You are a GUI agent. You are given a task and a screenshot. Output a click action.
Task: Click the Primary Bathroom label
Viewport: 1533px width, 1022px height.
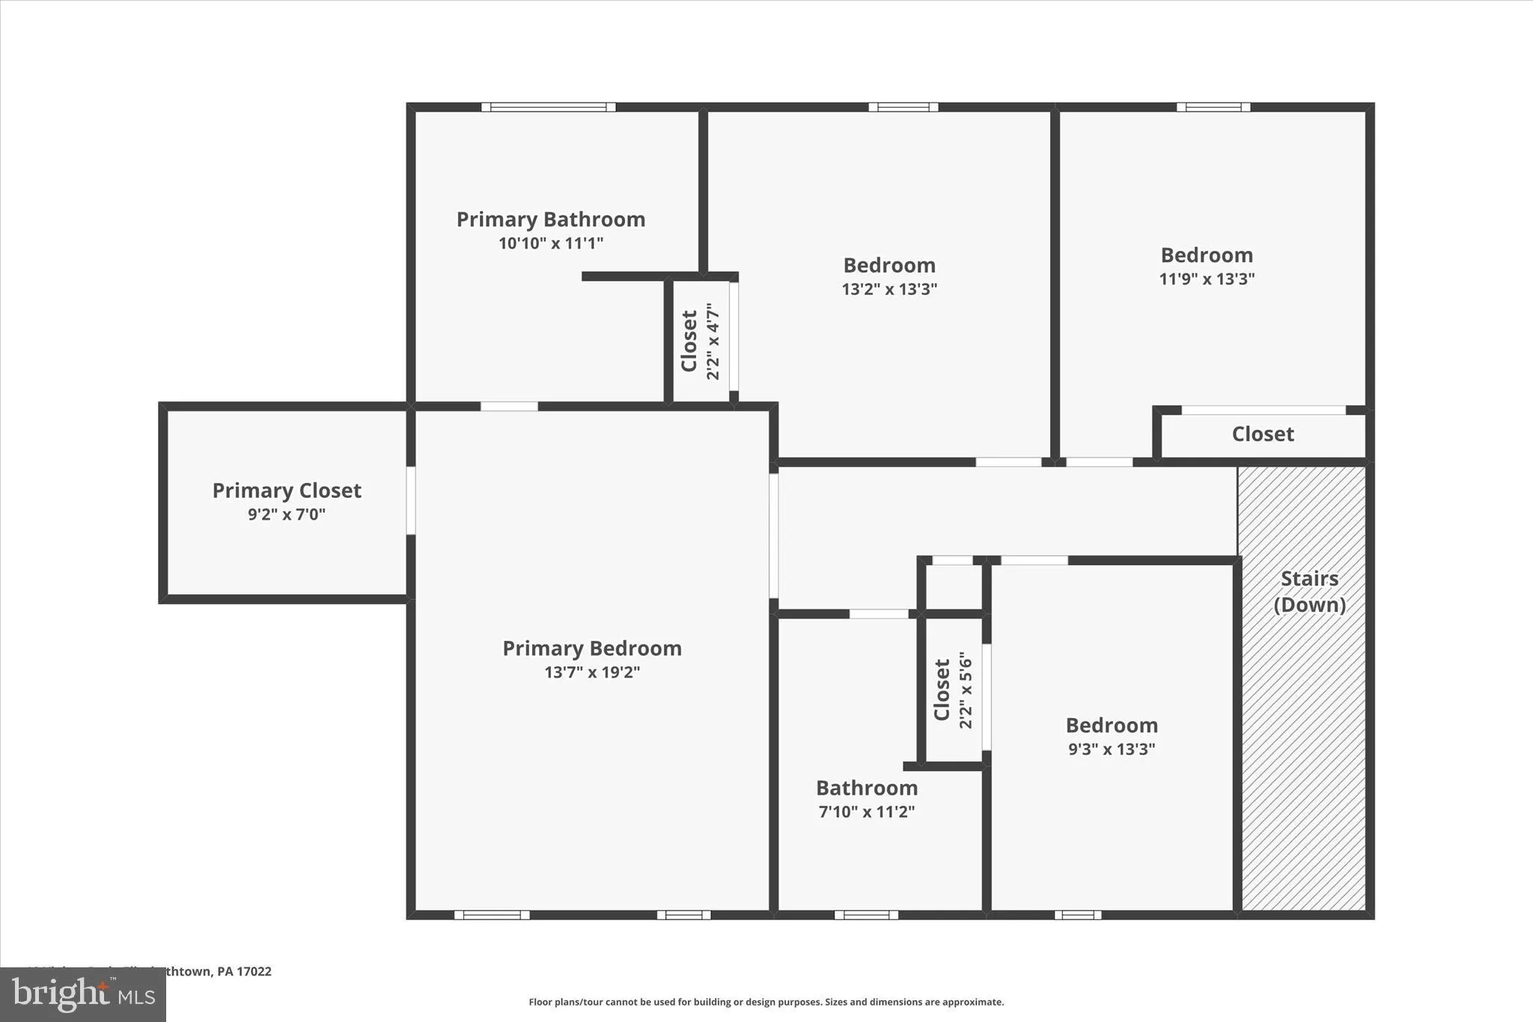551,219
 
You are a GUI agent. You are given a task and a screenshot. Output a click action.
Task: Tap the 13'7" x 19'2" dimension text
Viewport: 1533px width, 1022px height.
591,672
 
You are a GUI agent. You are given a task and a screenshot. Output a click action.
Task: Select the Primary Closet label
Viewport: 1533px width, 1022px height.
287,490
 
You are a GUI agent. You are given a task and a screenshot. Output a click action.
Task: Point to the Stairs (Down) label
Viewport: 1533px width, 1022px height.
1309,591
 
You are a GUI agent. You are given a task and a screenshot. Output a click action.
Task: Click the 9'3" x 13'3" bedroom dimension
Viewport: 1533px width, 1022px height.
1112,749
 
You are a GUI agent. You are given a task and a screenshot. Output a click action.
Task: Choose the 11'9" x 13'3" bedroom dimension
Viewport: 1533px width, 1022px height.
1207,279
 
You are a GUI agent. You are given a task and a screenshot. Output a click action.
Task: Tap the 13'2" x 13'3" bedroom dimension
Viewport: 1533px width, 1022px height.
889,290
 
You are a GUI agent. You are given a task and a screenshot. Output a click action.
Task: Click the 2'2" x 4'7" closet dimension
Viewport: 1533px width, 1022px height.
713,341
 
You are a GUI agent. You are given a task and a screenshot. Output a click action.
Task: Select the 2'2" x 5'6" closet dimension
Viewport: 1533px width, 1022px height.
966,690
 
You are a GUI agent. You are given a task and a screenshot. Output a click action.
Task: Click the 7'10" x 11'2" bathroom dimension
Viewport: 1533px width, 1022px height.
867,812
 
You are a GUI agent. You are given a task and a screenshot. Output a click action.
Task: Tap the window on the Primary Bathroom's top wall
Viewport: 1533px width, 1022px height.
548,107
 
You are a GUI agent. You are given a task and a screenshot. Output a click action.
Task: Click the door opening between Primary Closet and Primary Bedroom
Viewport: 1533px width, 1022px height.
410,500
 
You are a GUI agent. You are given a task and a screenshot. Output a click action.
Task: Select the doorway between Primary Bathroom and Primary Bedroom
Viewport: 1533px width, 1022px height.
509,407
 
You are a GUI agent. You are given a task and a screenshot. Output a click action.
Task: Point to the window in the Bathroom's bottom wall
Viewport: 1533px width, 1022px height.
866,915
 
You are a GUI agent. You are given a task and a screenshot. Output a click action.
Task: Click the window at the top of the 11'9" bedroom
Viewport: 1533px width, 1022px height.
1213,107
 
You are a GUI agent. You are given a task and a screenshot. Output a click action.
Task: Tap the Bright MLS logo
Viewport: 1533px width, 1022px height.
83,995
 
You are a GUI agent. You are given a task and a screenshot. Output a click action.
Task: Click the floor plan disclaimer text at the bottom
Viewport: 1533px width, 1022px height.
766,1002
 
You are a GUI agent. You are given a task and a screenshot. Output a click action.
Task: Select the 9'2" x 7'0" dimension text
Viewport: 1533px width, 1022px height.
287,515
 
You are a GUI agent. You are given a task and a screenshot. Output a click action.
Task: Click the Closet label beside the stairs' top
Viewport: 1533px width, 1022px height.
1263,434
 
